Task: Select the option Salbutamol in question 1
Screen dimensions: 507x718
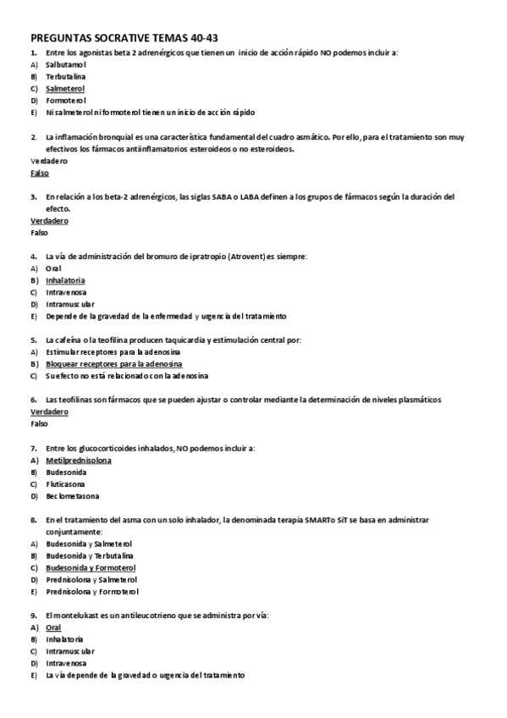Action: coord(66,64)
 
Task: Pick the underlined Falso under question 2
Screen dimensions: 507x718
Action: coord(39,173)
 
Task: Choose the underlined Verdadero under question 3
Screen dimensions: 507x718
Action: coord(49,220)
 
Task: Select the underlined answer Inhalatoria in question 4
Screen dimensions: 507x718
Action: coord(65,279)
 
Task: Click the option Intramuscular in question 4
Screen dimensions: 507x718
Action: coord(70,303)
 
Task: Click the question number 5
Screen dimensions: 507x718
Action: coord(33,340)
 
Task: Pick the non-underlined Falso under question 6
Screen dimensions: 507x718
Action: coord(39,423)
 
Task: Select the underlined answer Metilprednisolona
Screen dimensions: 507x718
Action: coord(79,460)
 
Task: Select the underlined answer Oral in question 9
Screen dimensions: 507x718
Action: coord(53,627)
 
